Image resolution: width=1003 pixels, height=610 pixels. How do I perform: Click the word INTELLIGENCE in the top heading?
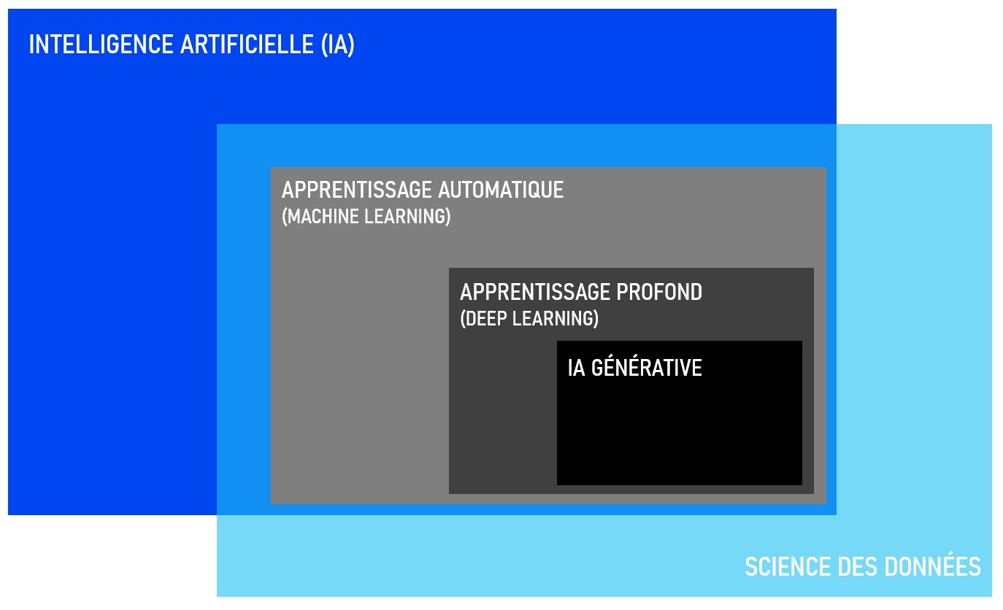pos(101,45)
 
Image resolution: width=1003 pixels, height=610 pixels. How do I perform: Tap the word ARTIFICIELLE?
pos(247,45)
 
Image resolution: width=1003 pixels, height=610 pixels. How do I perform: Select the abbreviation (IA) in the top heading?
pos(337,45)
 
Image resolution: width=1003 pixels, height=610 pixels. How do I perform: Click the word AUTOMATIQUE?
pos(501,190)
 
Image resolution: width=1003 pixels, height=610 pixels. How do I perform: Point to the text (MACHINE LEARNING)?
pos(366,217)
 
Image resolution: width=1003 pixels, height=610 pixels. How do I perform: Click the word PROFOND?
pos(659,293)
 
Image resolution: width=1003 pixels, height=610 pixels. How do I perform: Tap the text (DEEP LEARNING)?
pos(529,319)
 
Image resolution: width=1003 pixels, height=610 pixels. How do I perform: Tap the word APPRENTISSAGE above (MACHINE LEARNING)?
pos(356,190)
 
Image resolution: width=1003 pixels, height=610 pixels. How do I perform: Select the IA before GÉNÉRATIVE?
pos(576,368)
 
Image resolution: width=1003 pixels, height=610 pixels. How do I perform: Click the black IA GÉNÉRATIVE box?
pos(680,425)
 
